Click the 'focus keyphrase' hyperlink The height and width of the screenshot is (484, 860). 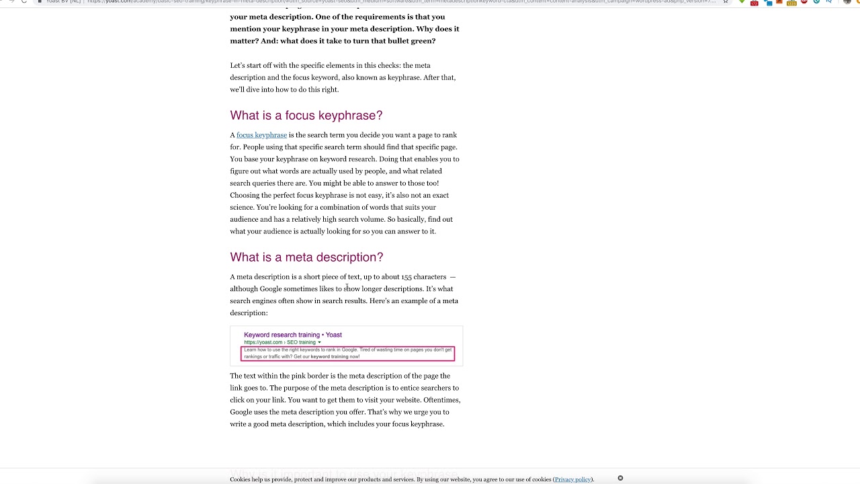click(261, 135)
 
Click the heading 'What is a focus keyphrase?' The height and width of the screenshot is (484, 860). click(306, 116)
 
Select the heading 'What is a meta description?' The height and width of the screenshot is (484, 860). click(306, 257)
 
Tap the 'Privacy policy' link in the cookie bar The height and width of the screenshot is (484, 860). click(572, 479)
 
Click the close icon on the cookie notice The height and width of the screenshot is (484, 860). click(620, 478)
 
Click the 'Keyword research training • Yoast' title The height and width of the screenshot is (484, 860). click(292, 335)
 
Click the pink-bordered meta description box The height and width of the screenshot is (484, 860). click(347, 353)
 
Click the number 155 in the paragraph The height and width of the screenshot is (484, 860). click(406, 277)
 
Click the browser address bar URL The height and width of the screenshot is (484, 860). click(403, 1)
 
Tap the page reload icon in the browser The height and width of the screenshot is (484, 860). click(24, 1)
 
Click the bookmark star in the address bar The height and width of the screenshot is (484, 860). click(725, 1)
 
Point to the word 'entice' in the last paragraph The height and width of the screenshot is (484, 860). click(393, 388)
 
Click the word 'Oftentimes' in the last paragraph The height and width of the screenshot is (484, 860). click(441, 400)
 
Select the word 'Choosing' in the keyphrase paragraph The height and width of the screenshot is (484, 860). click(245, 196)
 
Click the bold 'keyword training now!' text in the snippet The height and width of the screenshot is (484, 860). click(335, 356)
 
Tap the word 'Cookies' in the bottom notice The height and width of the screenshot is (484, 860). click(241, 479)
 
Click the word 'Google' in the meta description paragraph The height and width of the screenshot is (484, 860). click(270, 289)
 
